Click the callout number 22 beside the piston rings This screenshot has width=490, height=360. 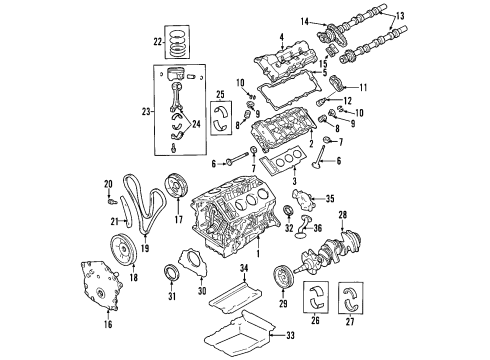tap(155, 42)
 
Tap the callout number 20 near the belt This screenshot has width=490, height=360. tap(108, 183)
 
